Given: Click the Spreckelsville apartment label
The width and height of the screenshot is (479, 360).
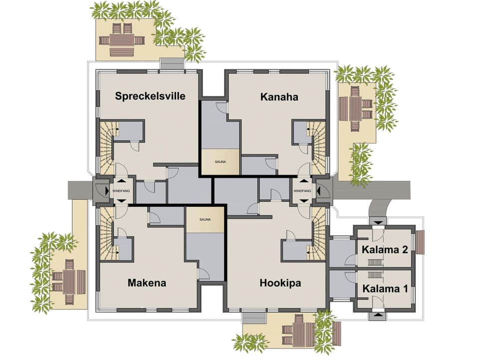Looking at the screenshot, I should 150,96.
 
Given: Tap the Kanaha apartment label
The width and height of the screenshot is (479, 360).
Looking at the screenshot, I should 279,97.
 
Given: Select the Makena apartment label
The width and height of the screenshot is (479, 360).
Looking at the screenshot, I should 147,283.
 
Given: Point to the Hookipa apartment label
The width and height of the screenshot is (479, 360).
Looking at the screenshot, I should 280,283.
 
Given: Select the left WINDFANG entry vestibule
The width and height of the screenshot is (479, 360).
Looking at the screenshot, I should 121,191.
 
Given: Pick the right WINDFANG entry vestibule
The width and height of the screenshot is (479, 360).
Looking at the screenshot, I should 302,191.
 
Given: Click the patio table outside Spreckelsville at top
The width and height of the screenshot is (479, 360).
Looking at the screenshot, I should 122,39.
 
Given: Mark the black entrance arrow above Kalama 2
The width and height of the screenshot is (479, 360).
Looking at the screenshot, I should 377,221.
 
